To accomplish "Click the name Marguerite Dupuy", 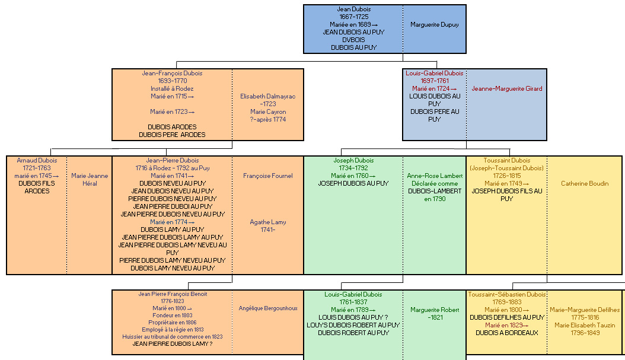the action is click(435, 25).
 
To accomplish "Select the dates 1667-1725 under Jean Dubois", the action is click(354, 17).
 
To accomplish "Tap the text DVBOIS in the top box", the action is click(353, 40).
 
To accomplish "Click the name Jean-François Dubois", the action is click(172, 74).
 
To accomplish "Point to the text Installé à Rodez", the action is click(172, 88).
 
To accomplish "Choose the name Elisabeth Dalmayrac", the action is click(268, 97).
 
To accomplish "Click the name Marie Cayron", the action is click(268, 111).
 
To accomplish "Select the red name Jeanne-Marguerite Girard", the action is click(507, 88).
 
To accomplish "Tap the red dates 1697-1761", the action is click(435, 81).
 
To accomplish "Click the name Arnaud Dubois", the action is click(37, 160).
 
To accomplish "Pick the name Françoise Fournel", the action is click(268, 176).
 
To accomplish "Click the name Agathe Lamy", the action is click(268, 222).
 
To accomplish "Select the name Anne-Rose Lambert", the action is click(435, 176).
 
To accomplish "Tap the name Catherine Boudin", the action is click(585, 183).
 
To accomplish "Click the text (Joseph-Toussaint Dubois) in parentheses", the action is click(506, 168).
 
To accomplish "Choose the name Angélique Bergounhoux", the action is click(268, 308).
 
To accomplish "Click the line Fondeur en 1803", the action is click(172, 316).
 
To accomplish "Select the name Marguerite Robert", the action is click(435, 310).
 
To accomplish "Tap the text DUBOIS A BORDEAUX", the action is click(507, 333).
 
